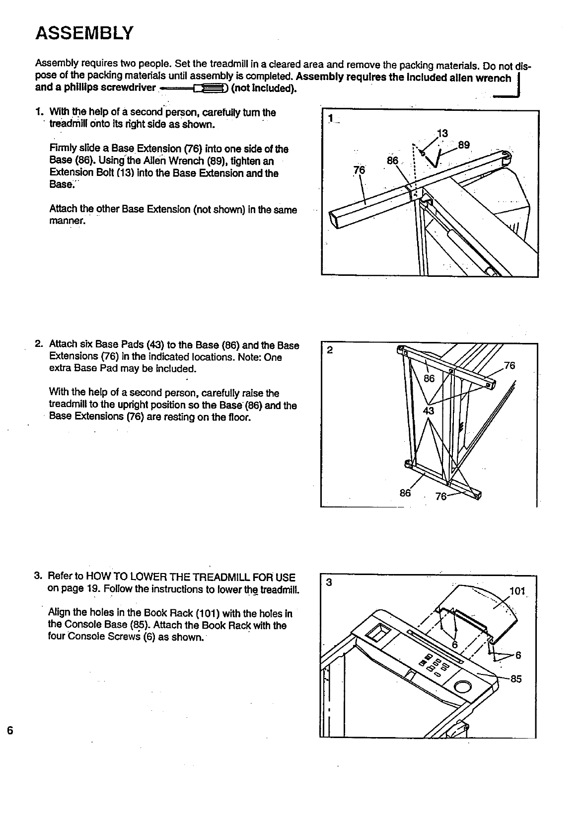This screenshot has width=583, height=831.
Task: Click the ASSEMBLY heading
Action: (84, 33)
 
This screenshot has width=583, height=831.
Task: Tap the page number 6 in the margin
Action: (10, 731)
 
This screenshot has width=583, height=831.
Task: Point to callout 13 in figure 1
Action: (442, 133)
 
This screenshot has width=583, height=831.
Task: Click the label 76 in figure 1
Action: (359, 170)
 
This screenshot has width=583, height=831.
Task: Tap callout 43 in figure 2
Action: (428, 411)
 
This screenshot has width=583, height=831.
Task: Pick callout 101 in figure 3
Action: (517, 591)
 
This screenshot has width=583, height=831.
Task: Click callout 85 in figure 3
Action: (516, 679)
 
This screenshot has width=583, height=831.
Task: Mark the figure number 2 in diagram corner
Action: (330, 349)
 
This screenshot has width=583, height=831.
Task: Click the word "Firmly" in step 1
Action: (62, 149)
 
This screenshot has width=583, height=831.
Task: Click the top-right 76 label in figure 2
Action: (510, 366)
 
